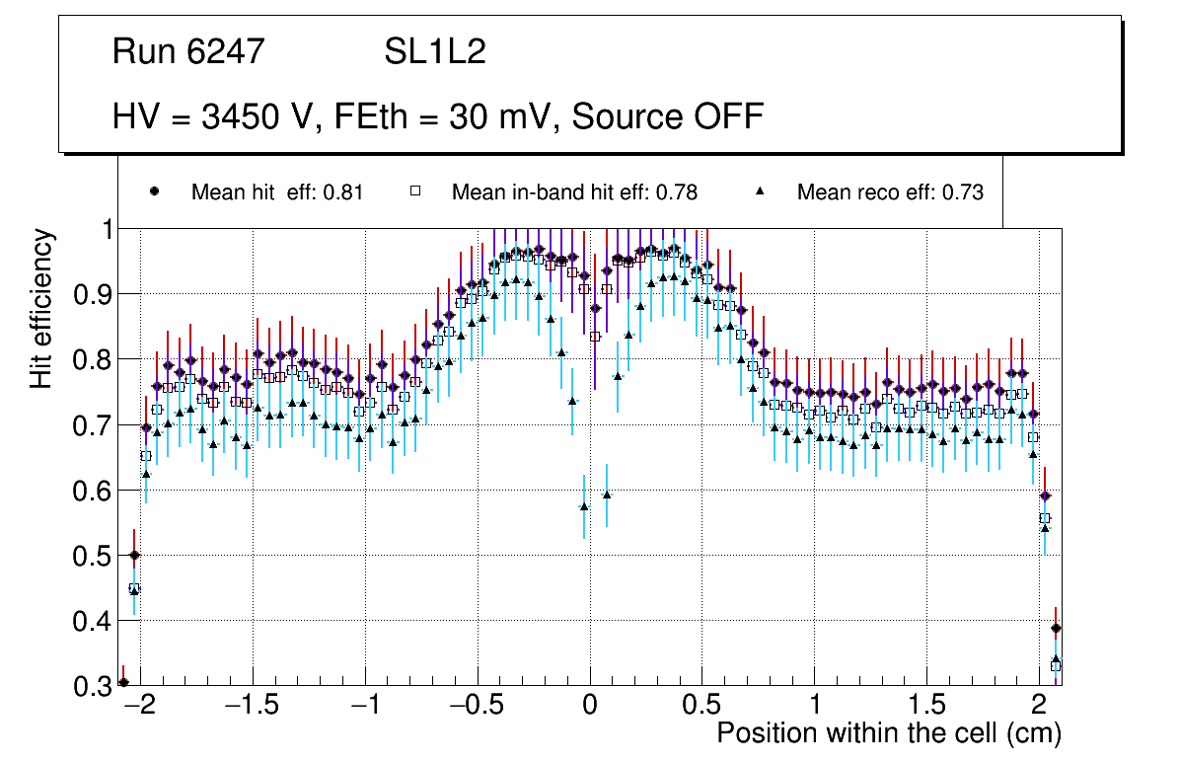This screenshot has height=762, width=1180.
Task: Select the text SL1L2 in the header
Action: pos(435,51)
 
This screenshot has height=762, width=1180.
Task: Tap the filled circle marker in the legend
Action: pos(153,192)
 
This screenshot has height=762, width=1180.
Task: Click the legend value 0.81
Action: pos(343,192)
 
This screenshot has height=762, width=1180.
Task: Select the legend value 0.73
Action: pos(964,192)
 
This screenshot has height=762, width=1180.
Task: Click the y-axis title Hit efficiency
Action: pos(42,308)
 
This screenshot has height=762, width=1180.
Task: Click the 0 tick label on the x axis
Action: pos(589,707)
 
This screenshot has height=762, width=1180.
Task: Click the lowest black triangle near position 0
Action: pos(584,506)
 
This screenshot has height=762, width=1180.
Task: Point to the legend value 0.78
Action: pos(678,192)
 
